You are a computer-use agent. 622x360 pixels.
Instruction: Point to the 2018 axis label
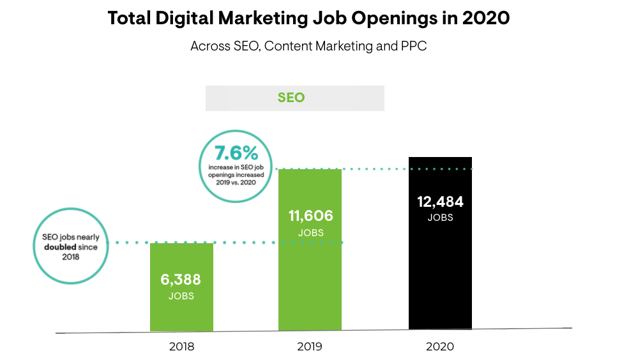coord(181,347)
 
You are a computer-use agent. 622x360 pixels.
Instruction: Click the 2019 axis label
coord(310,347)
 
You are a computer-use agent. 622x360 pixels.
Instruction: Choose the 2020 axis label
coord(440,347)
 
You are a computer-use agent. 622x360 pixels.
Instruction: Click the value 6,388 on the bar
coord(181,280)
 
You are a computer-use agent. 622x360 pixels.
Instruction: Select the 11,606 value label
coord(310,216)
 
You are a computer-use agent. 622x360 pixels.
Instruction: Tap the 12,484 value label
coord(440,202)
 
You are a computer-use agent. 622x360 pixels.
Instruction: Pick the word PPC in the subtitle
coord(413,47)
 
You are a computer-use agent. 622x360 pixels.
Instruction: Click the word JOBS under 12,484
coord(440,218)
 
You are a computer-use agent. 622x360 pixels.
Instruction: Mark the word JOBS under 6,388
coord(181,296)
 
